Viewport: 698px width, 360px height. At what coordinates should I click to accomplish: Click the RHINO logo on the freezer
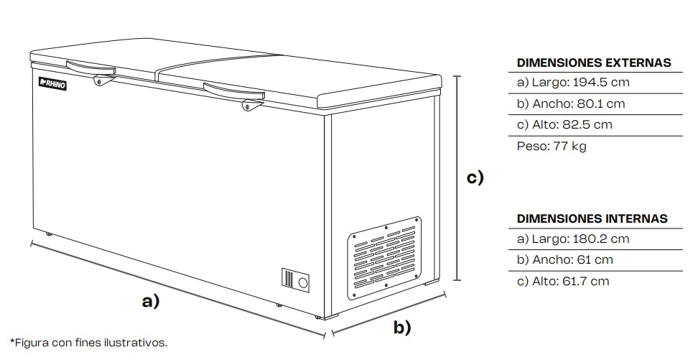click(52, 85)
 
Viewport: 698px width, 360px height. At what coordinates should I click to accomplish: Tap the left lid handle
click(90, 68)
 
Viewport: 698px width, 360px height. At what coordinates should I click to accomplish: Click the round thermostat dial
click(303, 282)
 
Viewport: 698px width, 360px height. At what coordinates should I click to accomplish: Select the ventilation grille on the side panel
click(384, 257)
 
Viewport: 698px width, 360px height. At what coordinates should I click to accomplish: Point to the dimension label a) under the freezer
click(149, 301)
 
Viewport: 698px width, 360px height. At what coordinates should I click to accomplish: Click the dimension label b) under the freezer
click(402, 328)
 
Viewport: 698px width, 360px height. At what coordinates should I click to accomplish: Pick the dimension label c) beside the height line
click(475, 177)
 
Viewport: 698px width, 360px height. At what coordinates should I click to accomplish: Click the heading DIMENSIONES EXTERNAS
click(594, 63)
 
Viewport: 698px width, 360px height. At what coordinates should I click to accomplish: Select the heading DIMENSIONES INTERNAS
click(592, 218)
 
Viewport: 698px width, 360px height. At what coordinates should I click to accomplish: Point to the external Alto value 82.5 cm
click(589, 124)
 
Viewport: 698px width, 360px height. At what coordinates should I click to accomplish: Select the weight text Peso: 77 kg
click(552, 146)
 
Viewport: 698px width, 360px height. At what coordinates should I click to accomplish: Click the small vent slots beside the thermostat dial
click(288, 280)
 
